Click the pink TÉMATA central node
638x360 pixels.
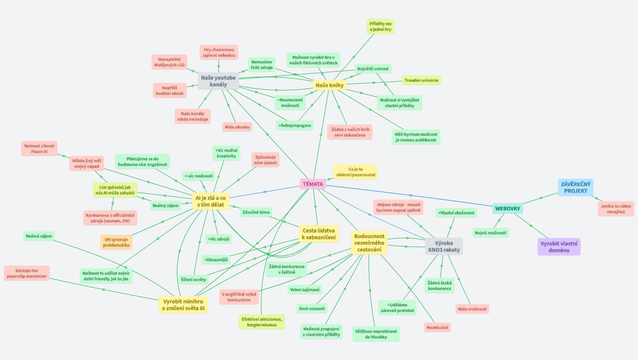coord(312,184)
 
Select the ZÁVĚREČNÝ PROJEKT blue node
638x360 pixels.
coord(576,187)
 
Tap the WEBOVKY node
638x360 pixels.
coord(508,208)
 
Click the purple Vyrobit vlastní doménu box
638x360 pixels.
coord(559,247)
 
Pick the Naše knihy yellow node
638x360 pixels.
coord(330,85)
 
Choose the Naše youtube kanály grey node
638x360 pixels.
coord(218,81)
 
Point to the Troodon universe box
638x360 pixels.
coord(421,80)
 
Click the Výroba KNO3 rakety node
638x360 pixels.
coord(443,246)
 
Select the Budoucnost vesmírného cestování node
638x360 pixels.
coord(369,243)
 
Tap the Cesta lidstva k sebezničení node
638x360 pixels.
coord(319,234)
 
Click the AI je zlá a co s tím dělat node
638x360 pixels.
coord(210,202)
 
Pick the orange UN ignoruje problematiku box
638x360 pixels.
coord(116,242)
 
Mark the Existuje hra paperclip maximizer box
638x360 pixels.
coord(26,273)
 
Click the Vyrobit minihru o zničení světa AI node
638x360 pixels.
coord(183,304)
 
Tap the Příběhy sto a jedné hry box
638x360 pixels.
coord(380,26)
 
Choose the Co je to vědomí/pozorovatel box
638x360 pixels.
coord(356,172)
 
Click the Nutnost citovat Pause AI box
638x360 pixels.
coord(39,149)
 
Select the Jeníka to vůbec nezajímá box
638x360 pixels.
coord(615,209)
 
